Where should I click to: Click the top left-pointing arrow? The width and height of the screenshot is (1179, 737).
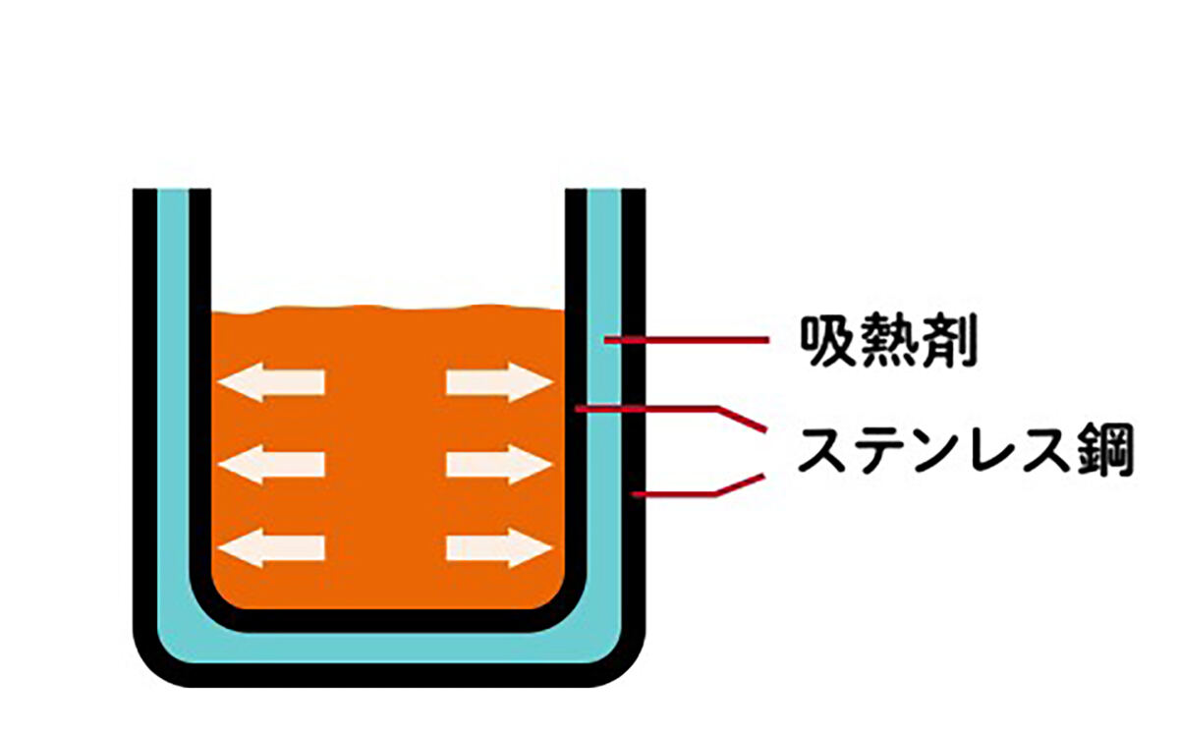271,382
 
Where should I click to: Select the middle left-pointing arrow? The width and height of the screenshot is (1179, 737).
271,465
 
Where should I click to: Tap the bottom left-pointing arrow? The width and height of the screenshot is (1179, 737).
271,548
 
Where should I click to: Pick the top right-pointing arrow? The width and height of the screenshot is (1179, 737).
499,382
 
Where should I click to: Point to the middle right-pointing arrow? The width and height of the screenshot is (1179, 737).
499,465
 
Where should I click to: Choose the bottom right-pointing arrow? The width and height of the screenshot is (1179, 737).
499,548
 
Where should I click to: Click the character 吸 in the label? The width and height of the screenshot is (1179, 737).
827,341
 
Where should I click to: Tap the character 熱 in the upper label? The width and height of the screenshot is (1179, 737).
888,341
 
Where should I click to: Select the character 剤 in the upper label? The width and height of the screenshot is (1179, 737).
948,341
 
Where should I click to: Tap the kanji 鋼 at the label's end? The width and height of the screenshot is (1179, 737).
1106,449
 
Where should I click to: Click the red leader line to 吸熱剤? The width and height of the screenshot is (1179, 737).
687,341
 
